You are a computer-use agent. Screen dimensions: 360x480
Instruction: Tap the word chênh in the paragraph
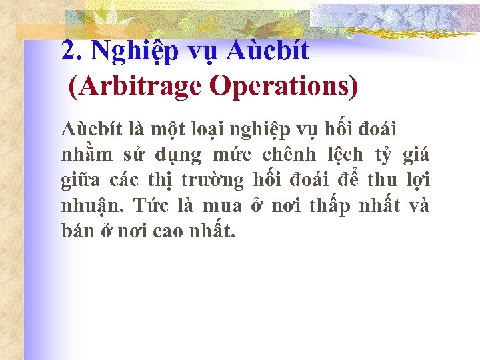[x=285, y=155]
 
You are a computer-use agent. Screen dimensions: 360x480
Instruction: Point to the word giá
[x=415, y=155]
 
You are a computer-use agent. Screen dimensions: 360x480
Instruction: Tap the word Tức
[x=148, y=207]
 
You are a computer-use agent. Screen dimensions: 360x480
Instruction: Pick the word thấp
[x=330, y=207]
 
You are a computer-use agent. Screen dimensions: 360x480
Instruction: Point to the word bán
[x=76, y=232]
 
